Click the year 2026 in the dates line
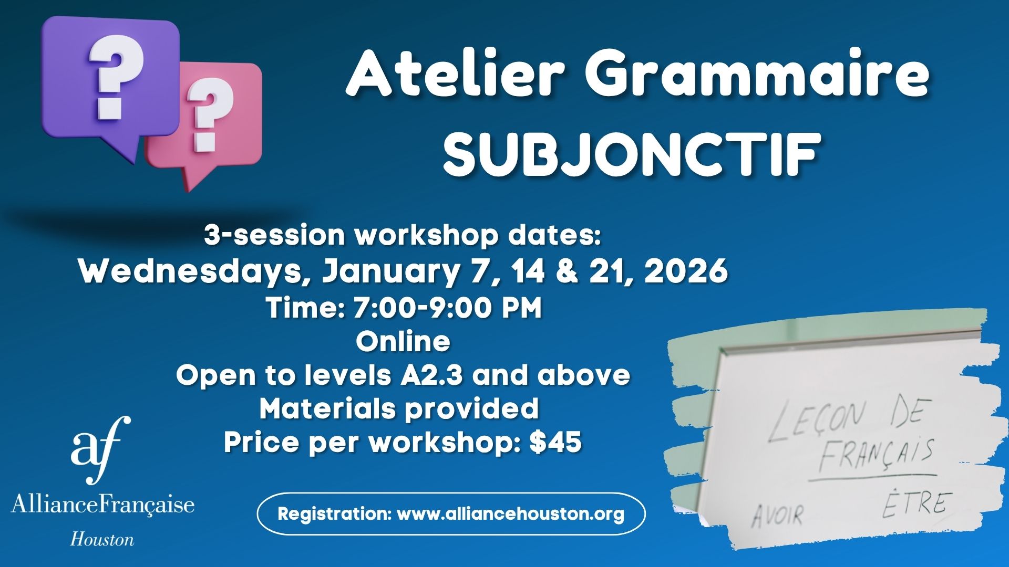(686, 271)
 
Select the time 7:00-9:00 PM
(447, 308)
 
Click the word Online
(403, 341)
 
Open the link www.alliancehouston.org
(510, 513)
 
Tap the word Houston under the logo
(102, 539)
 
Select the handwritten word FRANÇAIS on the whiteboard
(876, 454)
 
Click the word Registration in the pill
(334, 513)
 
